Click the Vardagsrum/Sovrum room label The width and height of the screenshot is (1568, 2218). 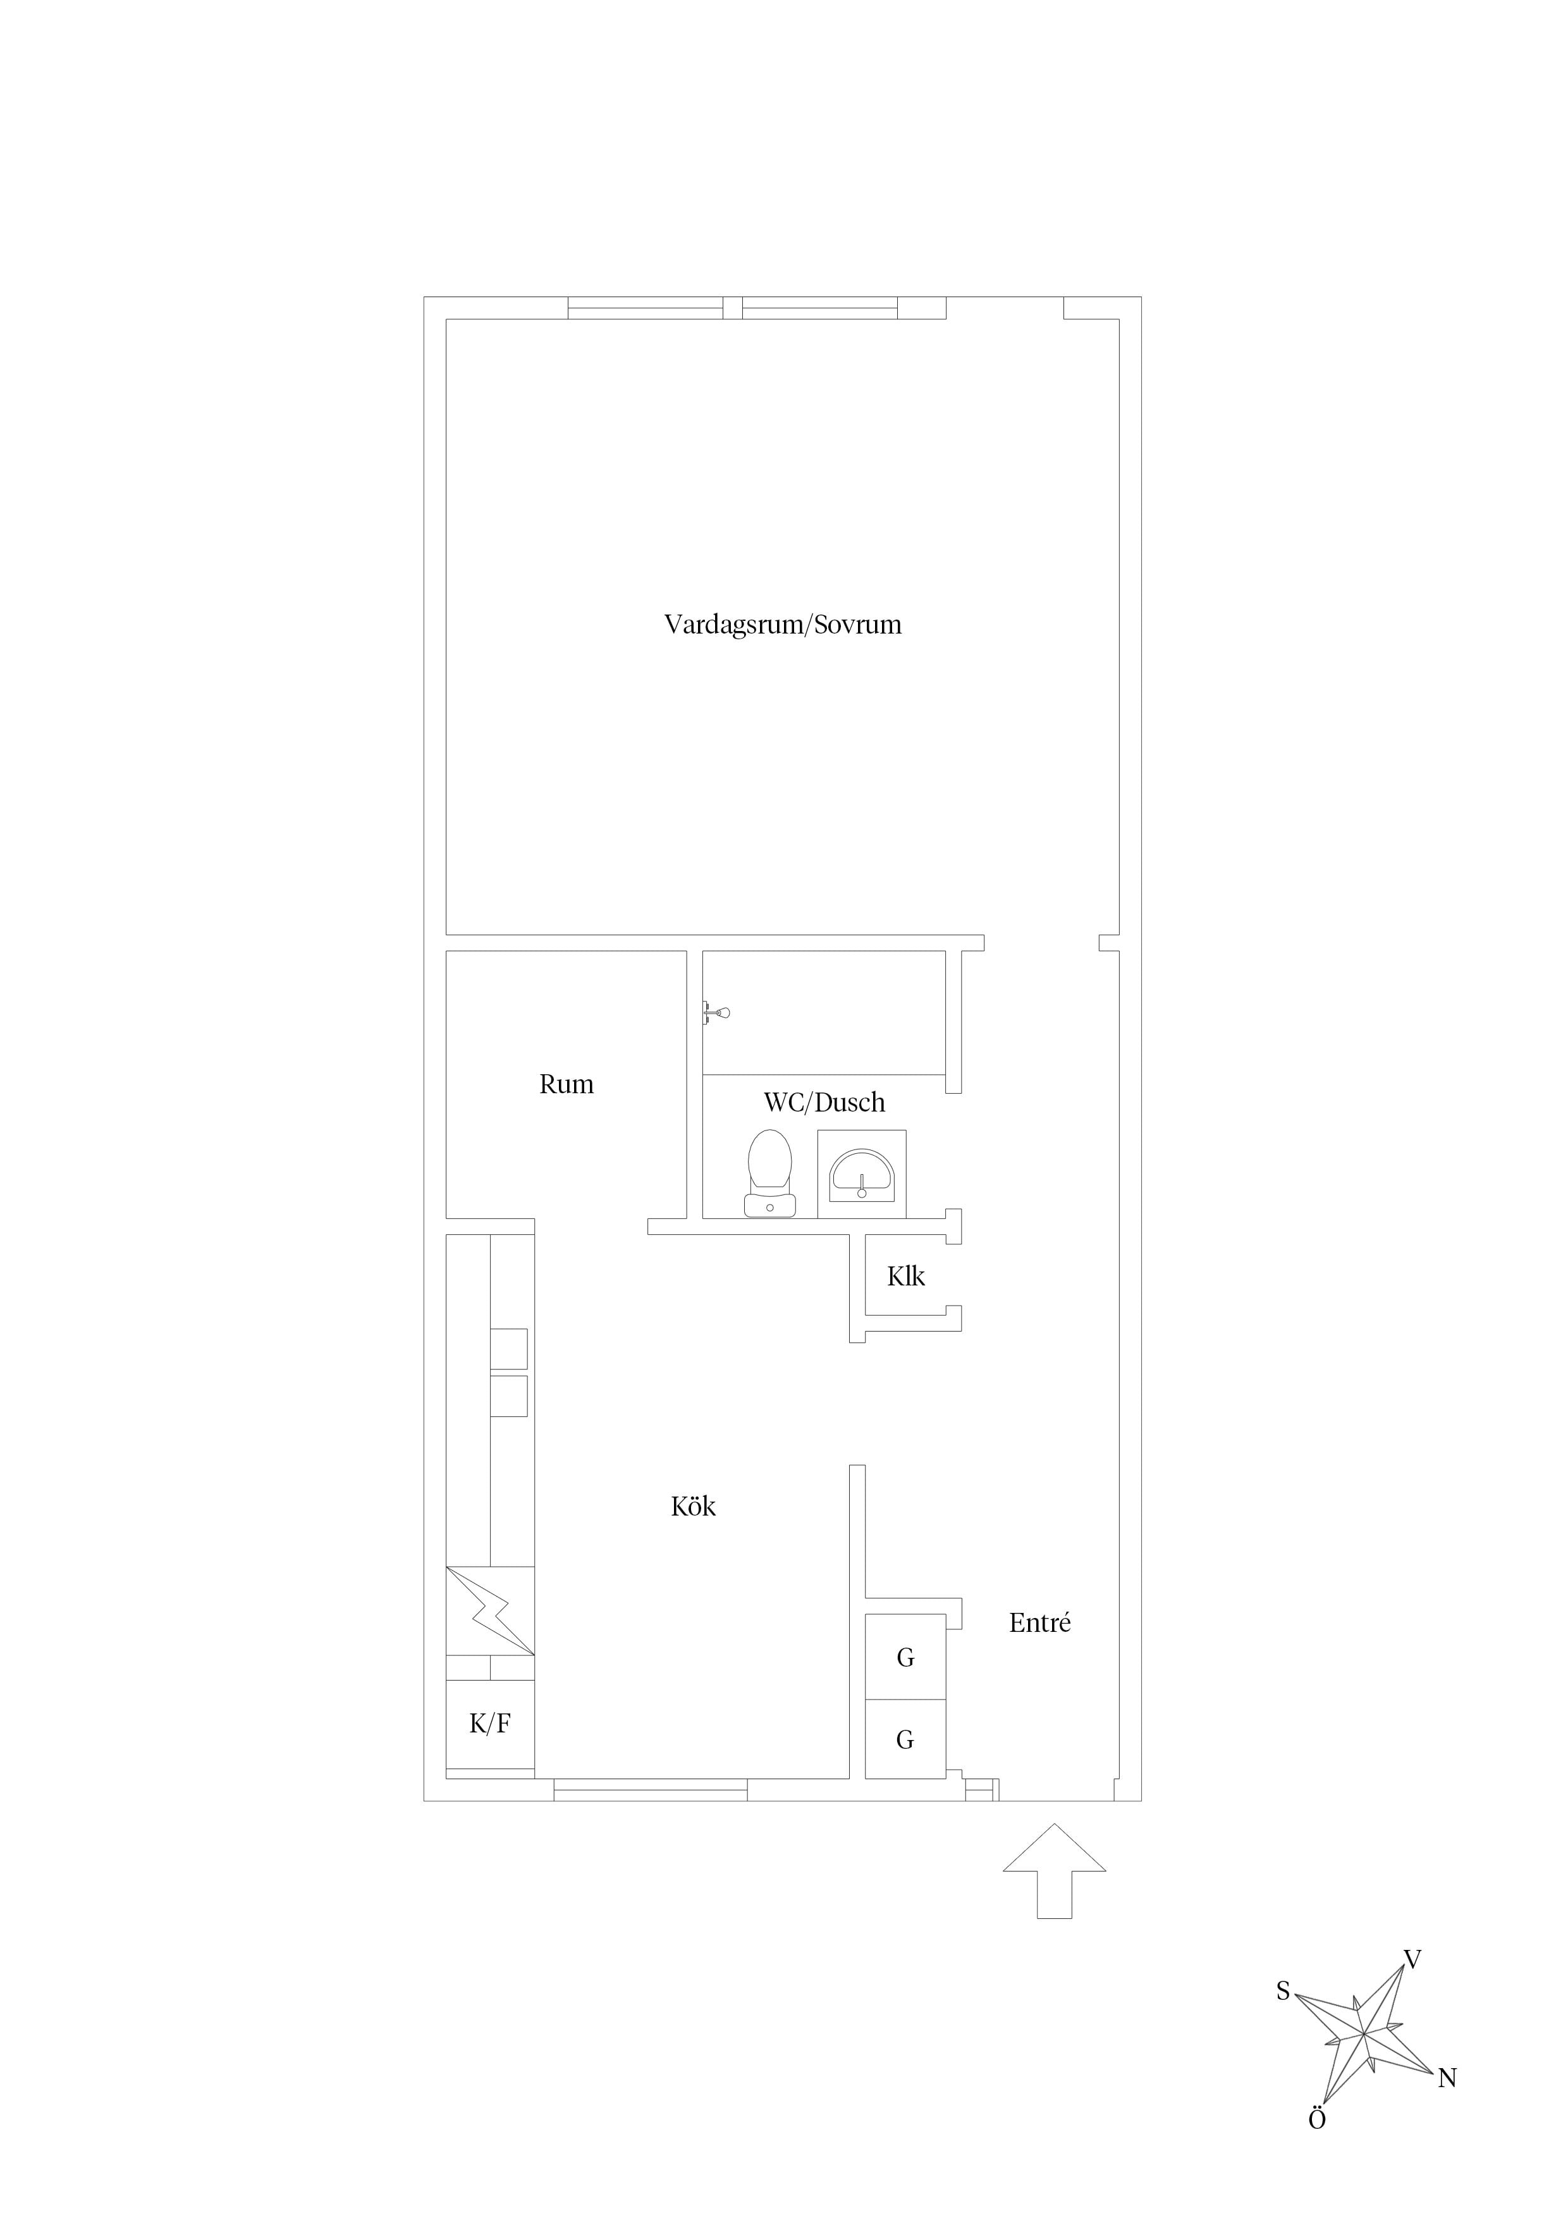coord(783,625)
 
